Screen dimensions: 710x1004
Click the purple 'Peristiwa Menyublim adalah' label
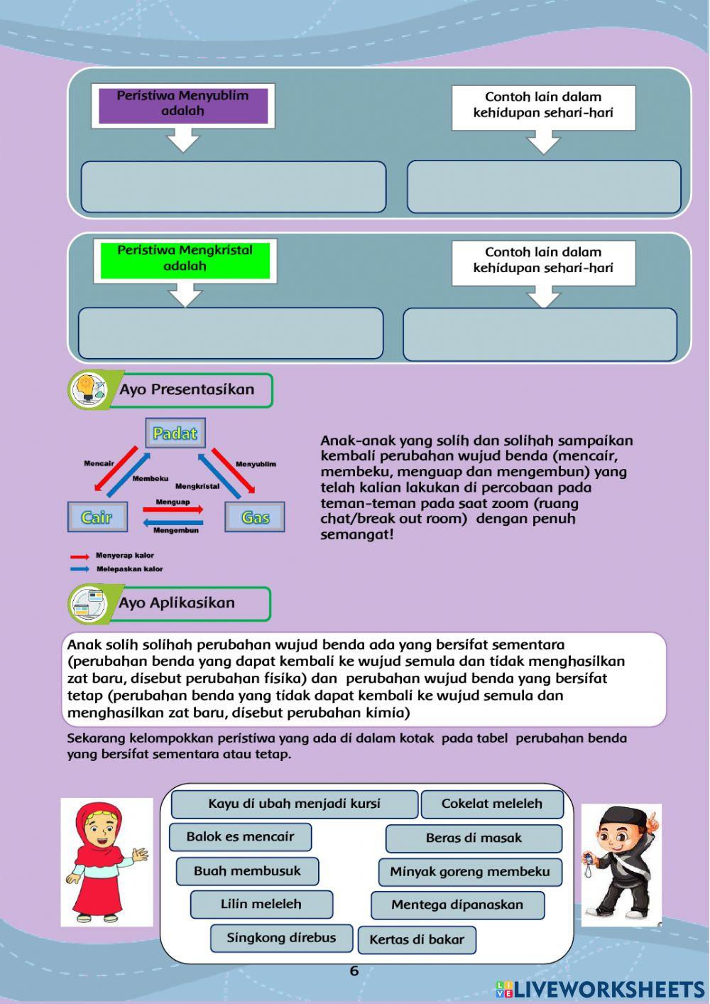(182, 105)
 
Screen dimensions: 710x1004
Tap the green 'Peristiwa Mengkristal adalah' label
(185, 259)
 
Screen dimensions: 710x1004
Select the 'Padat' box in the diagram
(175, 433)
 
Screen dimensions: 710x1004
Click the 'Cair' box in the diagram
(97, 517)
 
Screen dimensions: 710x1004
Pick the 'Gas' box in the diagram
(254, 517)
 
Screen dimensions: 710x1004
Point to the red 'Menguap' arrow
(173, 509)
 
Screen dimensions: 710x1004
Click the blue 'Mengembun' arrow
(173, 522)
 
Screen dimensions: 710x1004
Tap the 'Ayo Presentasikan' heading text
(187, 389)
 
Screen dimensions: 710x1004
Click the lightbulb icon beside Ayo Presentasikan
(87, 389)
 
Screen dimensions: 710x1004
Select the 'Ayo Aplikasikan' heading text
(177, 603)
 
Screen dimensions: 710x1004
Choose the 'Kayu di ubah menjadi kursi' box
(294, 804)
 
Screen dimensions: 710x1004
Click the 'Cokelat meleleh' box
(491, 804)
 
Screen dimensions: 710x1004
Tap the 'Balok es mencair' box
(240, 836)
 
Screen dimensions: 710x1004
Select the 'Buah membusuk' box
(247, 870)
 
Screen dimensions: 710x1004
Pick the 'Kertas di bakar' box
(417, 939)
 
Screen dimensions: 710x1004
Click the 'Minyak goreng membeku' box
(470, 871)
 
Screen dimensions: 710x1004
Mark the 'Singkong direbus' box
(281, 938)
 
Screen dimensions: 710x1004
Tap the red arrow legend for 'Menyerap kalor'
(80, 556)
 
